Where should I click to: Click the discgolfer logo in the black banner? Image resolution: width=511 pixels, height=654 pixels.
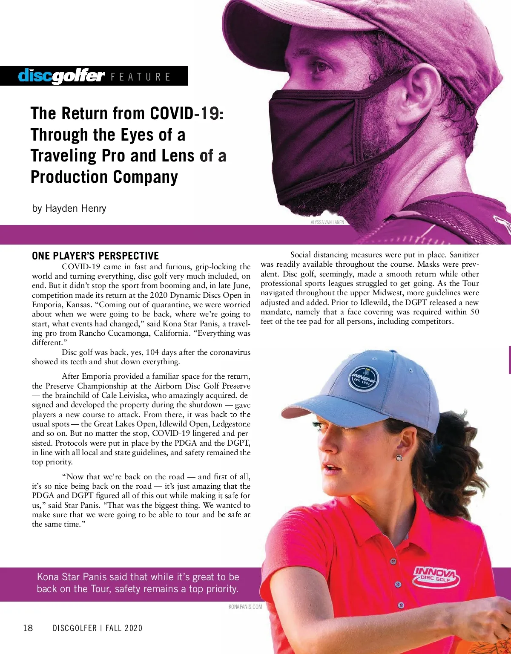tap(61, 76)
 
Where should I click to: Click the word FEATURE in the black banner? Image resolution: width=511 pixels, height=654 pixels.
tap(141, 77)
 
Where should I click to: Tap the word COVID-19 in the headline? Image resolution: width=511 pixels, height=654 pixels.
tap(187, 113)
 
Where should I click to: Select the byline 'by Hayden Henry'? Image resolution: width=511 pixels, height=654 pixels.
tap(69, 208)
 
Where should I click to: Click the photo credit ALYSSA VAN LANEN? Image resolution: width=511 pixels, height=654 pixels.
tap(327, 222)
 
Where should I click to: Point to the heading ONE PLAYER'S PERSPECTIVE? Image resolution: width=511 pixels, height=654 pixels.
tap(95, 256)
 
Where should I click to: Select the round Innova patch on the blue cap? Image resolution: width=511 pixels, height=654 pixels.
tap(364, 377)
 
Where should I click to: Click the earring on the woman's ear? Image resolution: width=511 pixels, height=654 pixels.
tap(399, 457)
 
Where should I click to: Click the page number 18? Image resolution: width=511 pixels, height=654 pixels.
tap(28, 628)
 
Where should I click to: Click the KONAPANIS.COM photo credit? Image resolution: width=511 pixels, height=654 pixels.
tap(245, 607)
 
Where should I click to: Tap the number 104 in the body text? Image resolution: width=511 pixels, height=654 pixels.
tap(152, 352)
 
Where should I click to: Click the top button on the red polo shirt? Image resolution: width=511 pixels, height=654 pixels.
tap(393, 561)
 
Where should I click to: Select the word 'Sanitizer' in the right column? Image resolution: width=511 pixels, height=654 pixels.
tap(464, 255)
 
